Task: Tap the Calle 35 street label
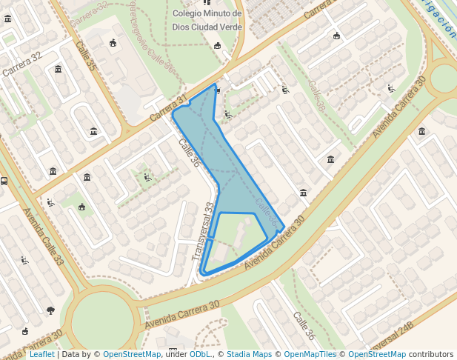86,56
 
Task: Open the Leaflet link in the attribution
41,355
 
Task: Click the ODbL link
200,355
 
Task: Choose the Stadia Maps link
249,355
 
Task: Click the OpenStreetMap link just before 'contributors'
376,355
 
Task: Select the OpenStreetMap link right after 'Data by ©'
132,355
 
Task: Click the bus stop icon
4,180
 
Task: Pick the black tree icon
50,310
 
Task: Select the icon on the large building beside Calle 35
113,43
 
